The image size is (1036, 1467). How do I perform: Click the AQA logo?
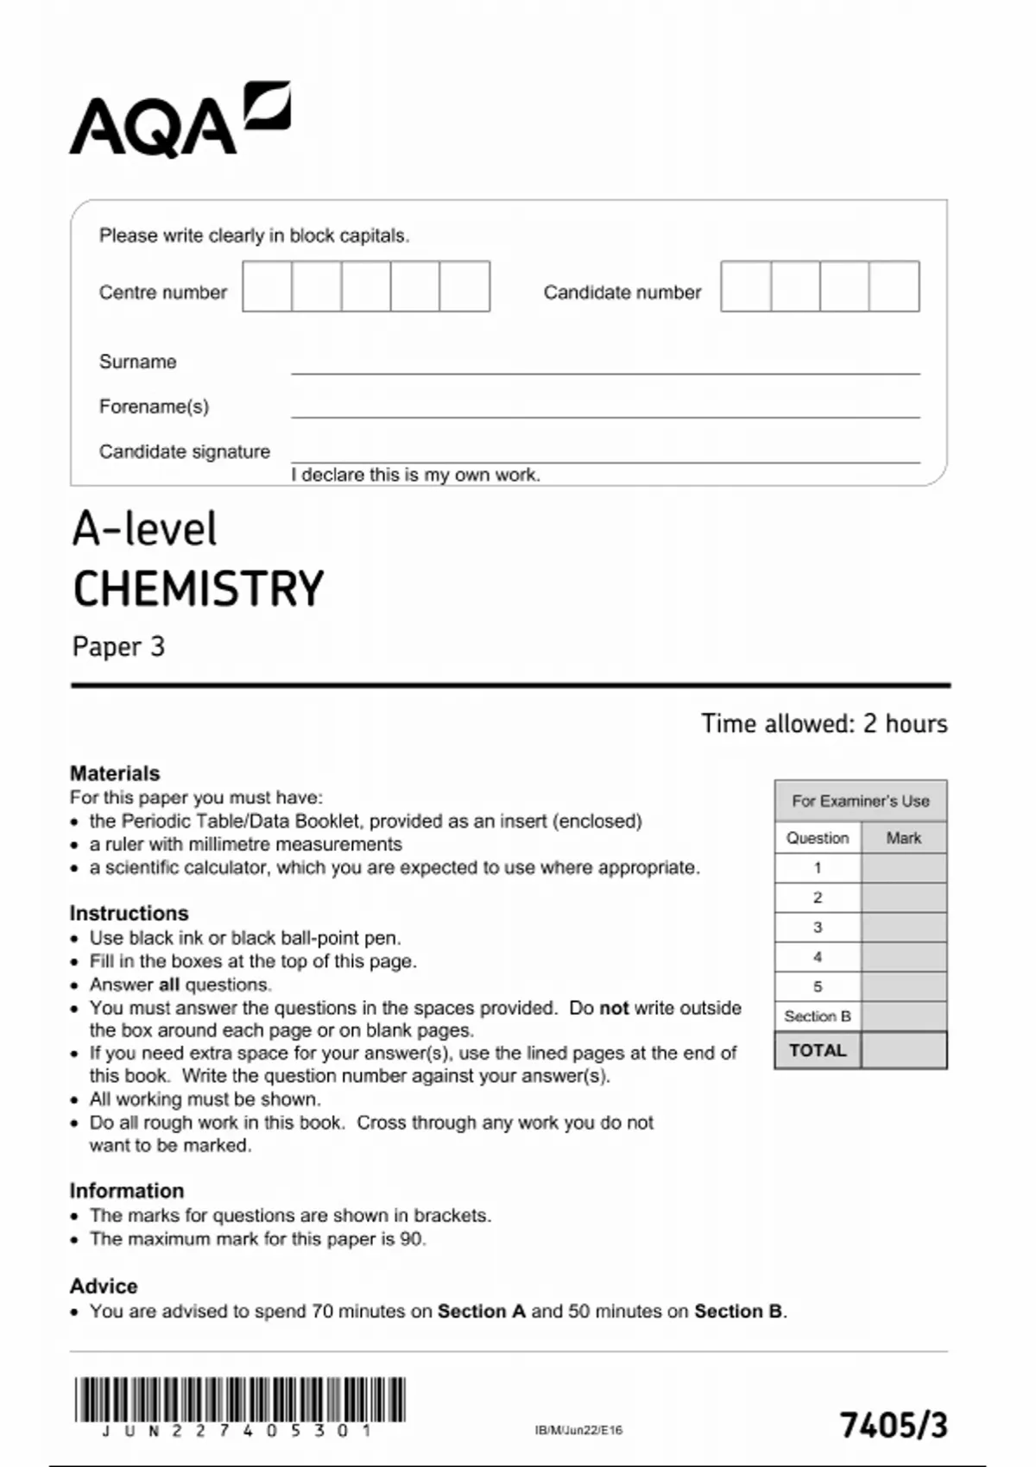(x=180, y=121)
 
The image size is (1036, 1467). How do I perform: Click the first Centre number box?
(x=267, y=286)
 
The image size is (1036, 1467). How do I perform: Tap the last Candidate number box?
(x=894, y=286)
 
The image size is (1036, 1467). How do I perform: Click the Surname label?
(x=137, y=362)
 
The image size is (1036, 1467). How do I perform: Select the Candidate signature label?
(x=184, y=451)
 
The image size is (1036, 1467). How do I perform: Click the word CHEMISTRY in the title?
(x=198, y=589)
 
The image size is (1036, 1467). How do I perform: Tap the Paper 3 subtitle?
(x=118, y=646)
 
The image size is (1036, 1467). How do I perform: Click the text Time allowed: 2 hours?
(x=824, y=723)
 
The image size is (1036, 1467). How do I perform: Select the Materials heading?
(x=115, y=773)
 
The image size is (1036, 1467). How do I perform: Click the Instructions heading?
(x=129, y=913)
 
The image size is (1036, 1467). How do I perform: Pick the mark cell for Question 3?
(x=903, y=928)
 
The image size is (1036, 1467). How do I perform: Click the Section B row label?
(x=818, y=1017)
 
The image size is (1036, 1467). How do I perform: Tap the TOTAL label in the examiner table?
(x=818, y=1050)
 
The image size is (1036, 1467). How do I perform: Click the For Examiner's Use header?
(x=860, y=801)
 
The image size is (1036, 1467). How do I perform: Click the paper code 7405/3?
(x=894, y=1425)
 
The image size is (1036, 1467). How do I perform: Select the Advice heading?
(x=104, y=1286)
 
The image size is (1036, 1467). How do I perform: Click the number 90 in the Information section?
(x=412, y=1239)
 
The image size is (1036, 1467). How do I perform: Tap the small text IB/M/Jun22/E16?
(x=578, y=1430)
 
